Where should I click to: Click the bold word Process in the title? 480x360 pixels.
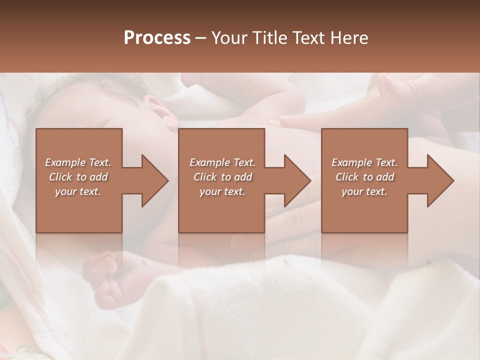[x=157, y=38]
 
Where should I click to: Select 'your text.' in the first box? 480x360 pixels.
[x=78, y=191]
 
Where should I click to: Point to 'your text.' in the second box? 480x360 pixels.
[x=222, y=191]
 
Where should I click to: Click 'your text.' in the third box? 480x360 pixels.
[x=364, y=191]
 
